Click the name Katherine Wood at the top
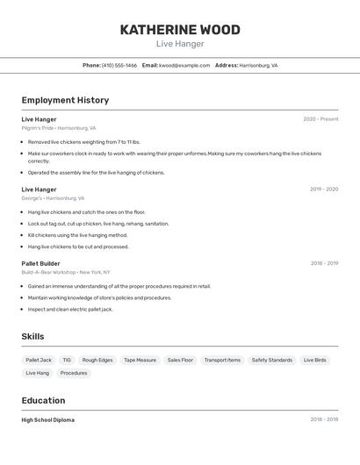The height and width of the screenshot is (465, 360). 180,30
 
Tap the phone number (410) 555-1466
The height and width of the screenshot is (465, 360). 119,65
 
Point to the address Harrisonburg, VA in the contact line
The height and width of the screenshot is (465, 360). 258,65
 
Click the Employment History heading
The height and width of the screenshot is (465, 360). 65,100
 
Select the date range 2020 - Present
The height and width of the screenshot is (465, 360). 320,119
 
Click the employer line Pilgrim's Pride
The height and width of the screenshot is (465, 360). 59,128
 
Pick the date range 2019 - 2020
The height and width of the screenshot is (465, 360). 323,190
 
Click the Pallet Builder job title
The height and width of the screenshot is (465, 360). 40,263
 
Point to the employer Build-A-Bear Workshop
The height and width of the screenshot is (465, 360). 66,272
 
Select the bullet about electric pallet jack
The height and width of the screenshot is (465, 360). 70,309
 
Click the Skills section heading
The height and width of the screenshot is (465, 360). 32,336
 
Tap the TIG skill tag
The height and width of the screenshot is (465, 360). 67,360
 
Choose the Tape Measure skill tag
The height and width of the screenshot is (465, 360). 140,360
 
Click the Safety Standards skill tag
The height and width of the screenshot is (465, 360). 271,360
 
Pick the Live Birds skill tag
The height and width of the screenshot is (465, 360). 314,360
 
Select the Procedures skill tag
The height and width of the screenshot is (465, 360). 74,373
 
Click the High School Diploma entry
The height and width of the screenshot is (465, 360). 47,420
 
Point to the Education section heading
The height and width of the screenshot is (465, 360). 43,400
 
